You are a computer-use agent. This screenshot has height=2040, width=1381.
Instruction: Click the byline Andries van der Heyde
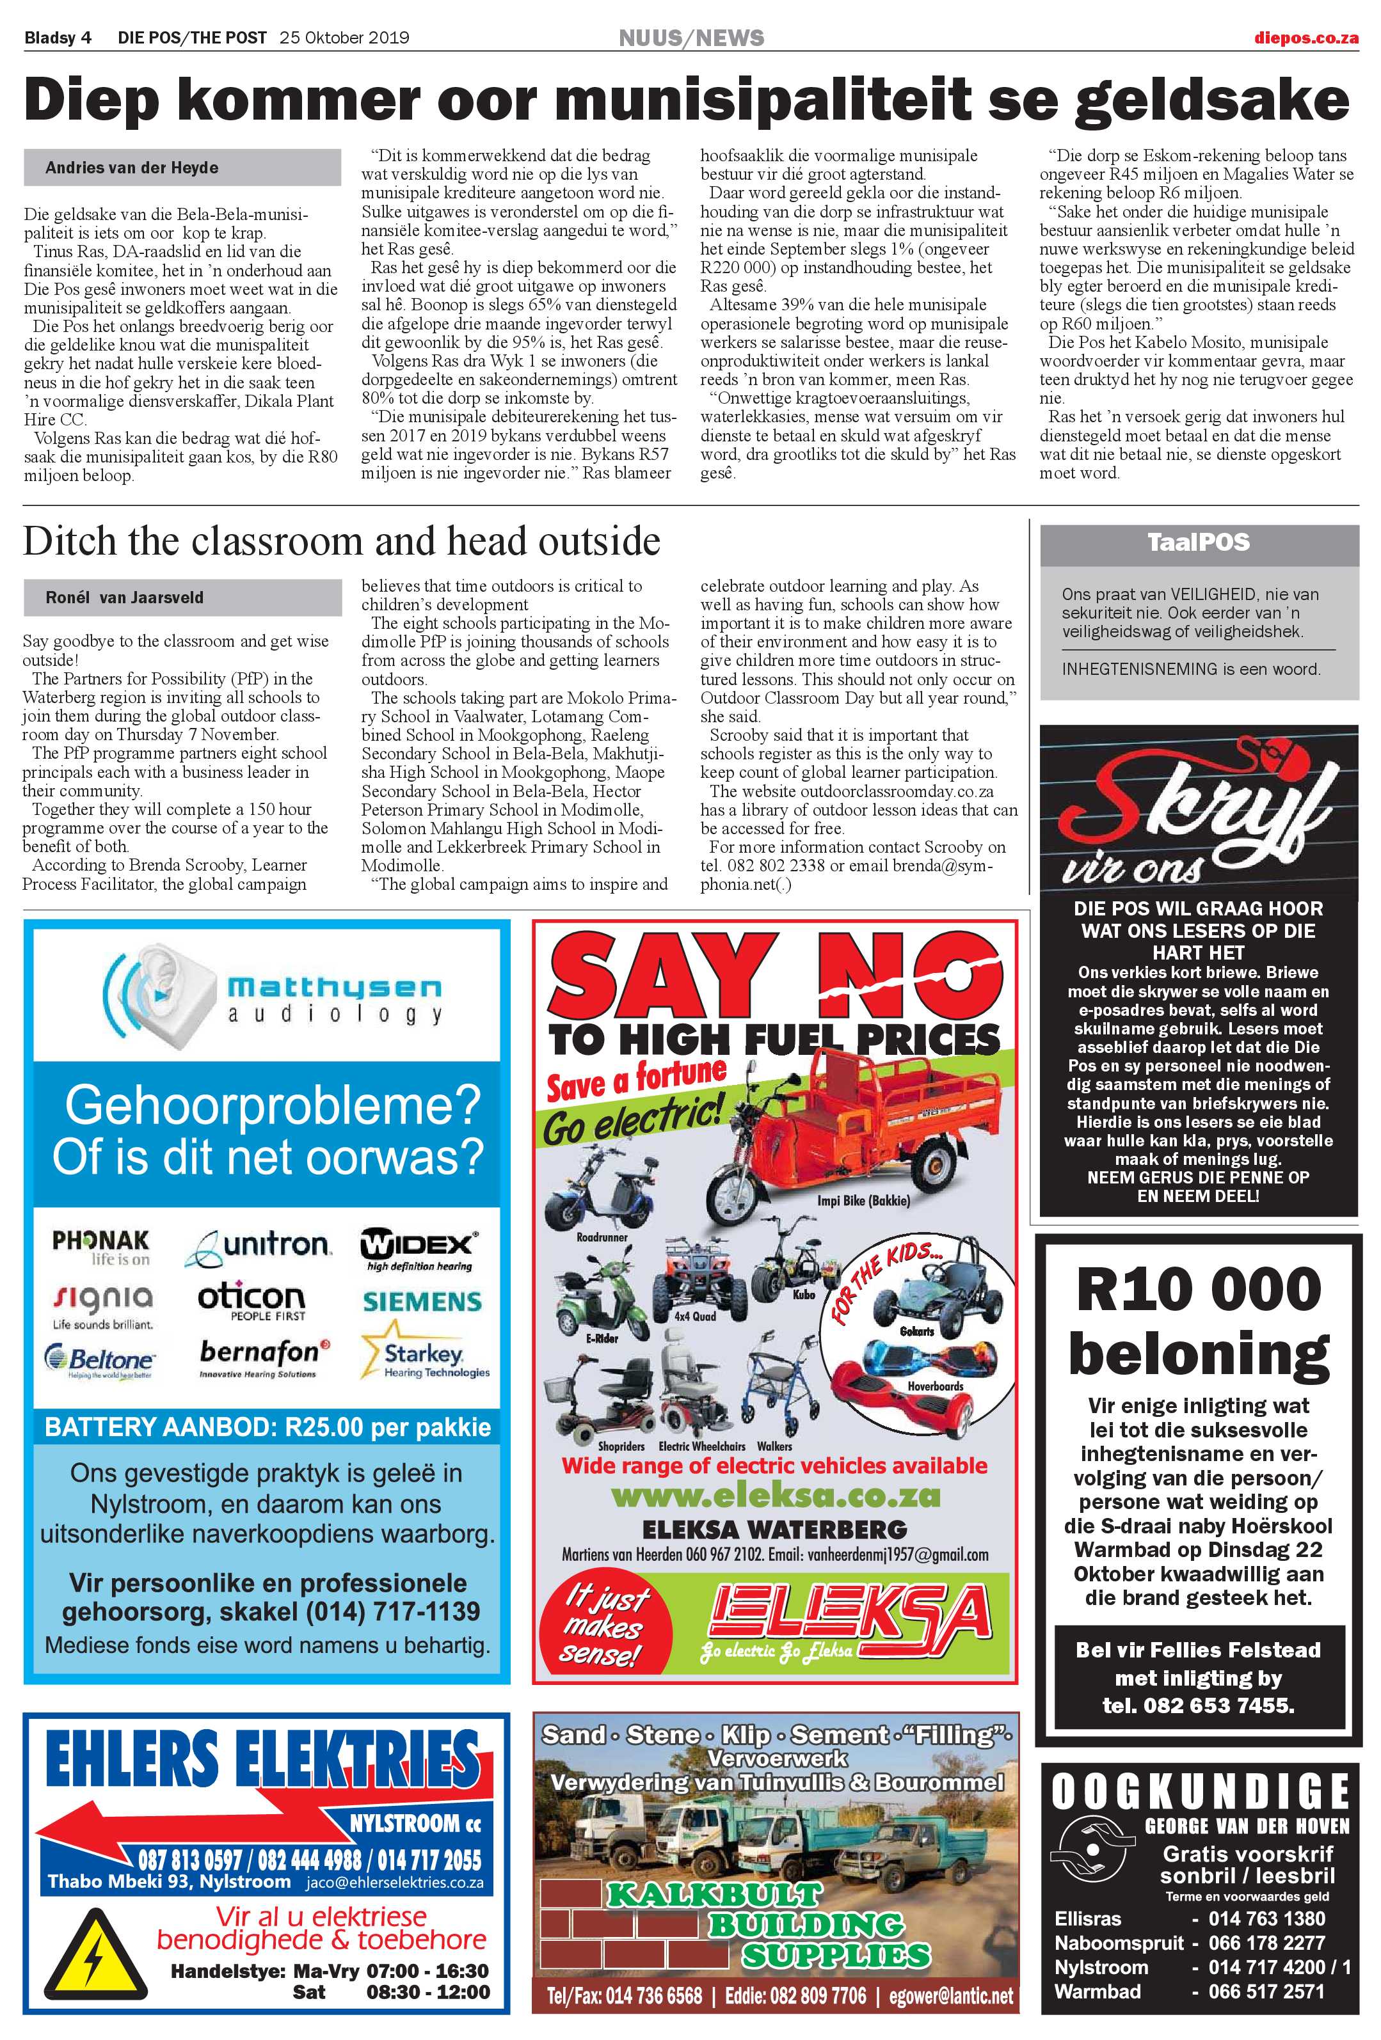tap(132, 168)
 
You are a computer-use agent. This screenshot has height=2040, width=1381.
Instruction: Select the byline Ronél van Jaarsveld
tap(125, 597)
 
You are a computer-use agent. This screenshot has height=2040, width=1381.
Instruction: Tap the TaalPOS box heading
tap(1199, 542)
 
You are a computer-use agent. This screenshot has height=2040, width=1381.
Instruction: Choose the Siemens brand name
tap(422, 1302)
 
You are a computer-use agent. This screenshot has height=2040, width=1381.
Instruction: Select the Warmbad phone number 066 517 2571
tap(1266, 1992)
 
